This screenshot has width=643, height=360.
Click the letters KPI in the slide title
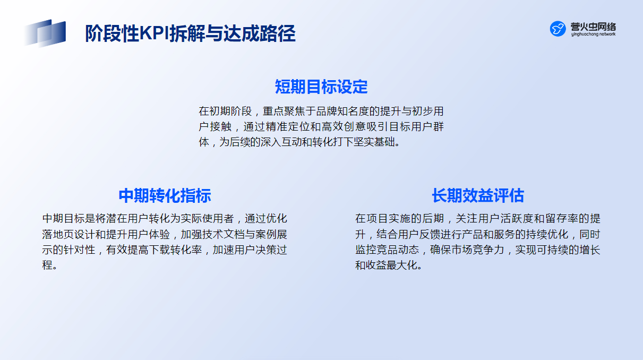(x=154, y=33)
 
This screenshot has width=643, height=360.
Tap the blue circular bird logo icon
(x=558, y=29)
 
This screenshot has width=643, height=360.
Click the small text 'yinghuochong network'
(x=593, y=34)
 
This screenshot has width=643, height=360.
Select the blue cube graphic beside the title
(x=45, y=33)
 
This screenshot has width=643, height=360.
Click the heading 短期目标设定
(x=321, y=87)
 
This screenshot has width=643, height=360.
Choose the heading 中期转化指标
(x=165, y=196)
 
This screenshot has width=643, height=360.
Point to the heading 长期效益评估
(x=478, y=196)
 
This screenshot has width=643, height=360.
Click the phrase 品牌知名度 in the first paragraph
(x=342, y=111)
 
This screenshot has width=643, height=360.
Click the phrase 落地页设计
(x=68, y=235)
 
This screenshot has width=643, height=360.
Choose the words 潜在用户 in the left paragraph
(x=127, y=219)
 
